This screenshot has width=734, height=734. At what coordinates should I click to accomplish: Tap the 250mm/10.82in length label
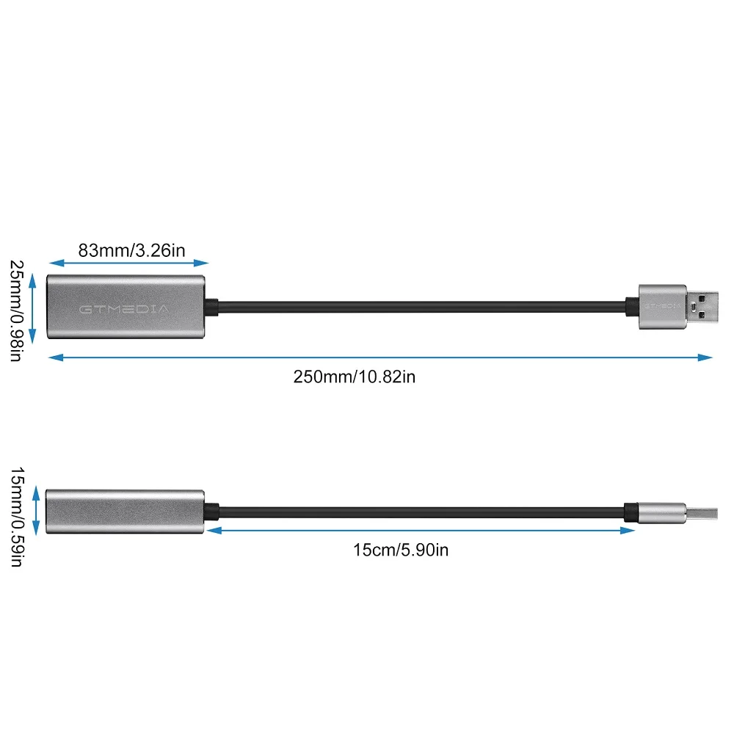(355, 377)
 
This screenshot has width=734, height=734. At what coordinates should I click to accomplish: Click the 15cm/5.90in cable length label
(400, 550)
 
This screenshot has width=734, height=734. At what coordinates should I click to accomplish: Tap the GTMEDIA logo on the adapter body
(123, 309)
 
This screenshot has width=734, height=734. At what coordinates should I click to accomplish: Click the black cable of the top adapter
(418, 306)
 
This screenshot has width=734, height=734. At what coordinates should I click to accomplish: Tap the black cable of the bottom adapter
(418, 512)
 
